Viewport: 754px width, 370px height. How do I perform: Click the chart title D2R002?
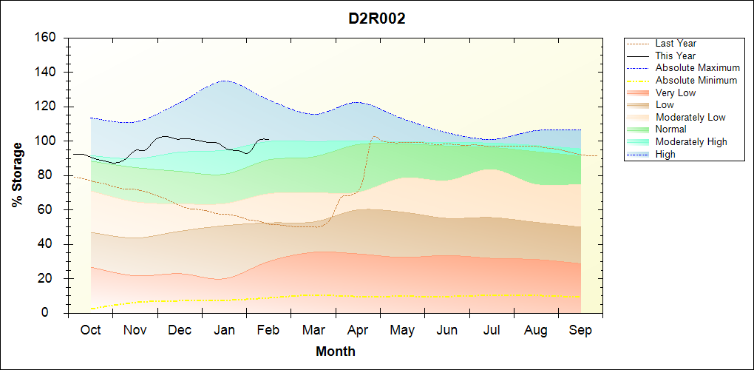[x=377, y=19]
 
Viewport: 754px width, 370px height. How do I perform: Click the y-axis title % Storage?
[x=18, y=180]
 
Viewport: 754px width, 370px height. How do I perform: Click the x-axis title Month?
[x=336, y=351]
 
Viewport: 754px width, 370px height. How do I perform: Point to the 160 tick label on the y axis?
[x=46, y=38]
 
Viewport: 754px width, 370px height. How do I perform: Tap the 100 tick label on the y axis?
[x=46, y=141]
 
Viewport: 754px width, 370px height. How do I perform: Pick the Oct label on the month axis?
[x=90, y=330]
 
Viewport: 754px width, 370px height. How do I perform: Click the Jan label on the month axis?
[x=224, y=330]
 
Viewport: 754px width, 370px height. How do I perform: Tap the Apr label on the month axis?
[x=358, y=330]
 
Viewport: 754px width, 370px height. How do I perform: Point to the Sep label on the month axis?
[x=580, y=330]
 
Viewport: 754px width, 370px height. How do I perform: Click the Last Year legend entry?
[x=676, y=44]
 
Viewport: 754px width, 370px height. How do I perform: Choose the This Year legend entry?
[x=675, y=55]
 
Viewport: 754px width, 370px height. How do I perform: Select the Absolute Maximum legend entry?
[x=697, y=68]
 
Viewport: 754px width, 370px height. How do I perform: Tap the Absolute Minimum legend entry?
[x=696, y=80]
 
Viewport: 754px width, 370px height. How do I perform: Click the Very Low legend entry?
[x=675, y=92]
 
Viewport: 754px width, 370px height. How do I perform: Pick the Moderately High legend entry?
[x=691, y=141]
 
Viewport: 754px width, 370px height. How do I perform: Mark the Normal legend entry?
[x=670, y=129]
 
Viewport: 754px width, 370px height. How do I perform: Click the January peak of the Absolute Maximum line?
[x=224, y=81]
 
